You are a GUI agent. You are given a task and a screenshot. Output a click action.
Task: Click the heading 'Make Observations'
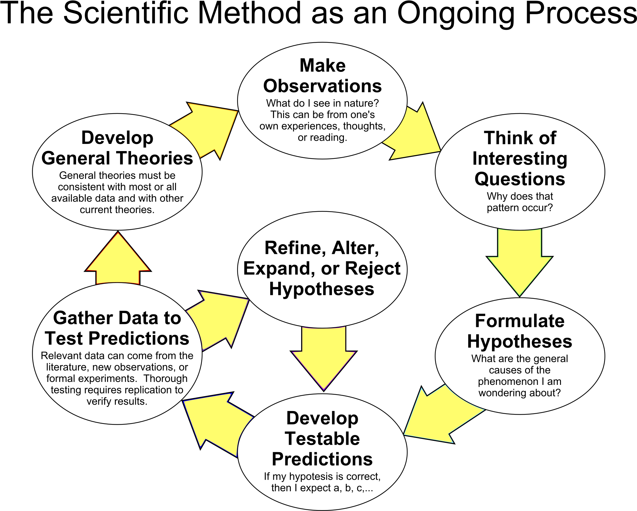coord(322,76)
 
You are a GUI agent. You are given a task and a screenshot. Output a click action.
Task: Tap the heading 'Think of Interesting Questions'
coord(520,158)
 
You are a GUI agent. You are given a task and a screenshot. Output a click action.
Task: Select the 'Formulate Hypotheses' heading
coord(520,331)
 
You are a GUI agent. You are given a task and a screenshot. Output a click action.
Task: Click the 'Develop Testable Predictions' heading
coord(322,439)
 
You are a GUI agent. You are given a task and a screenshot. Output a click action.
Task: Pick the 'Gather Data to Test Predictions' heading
coord(117,328)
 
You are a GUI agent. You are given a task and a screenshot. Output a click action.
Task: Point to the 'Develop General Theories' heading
coord(117,148)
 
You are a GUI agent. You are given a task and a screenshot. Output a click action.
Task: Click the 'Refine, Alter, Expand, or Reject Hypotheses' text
coord(322,268)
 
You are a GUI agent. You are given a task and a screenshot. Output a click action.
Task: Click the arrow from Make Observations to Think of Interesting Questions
coord(414,131)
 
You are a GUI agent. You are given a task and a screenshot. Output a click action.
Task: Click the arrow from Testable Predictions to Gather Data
coord(217,424)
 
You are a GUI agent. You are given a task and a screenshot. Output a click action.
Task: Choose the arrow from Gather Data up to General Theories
coord(118,258)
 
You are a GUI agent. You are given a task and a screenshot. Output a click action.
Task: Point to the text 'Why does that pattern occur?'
coord(520,202)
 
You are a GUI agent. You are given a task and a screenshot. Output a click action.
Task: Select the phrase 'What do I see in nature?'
coord(322,103)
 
